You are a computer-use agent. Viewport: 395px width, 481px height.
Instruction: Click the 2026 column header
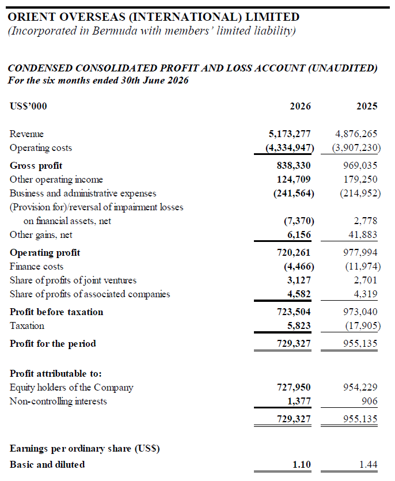(x=300, y=106)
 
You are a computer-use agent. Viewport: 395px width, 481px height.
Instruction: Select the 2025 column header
(x=367, y=106)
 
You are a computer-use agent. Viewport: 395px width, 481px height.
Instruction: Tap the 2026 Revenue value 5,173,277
(x=290, y=134)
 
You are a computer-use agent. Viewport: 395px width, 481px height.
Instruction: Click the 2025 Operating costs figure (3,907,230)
(x=356, y=148)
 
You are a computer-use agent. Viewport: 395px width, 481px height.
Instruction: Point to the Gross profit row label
(x=36, y=166)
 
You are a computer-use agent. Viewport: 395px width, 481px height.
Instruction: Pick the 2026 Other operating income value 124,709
(x=294, y=180)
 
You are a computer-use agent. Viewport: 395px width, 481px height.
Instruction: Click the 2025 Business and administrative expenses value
(x=360, y=193)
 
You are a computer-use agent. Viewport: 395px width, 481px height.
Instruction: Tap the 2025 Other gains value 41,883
(x=363, y=234)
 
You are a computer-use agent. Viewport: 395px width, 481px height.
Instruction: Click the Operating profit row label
(x=45, y=253)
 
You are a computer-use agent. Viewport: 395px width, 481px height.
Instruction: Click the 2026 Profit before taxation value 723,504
(x=294, y=312)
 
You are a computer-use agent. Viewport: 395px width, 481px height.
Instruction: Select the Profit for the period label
(x=53, y=343)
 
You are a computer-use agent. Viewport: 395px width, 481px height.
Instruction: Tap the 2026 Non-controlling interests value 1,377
(x=299, y=402)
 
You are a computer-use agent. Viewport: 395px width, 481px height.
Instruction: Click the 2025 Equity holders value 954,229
(x=360, y=388)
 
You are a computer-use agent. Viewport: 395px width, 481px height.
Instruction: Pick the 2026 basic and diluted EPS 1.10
(x=302, y=465)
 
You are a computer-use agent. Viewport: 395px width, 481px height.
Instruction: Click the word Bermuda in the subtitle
(x=114, y=31)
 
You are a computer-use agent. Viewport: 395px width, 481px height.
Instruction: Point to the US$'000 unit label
(x=28, y=107)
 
